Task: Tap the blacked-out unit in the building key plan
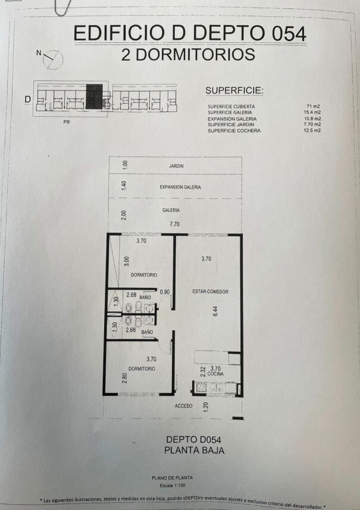coord(94,96)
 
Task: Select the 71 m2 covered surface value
coord(313,107)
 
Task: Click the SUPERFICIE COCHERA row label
coord(234,131)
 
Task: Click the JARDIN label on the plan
coord(176,166)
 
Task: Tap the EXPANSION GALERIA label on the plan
coord(180,187)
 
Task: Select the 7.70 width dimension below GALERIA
coord(174,224)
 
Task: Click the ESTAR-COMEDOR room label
coord(211,292)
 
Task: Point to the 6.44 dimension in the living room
coord(215,311)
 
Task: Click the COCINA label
coord(215,374)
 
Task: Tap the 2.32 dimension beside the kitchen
coord(202,371)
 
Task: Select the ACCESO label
coord(183,406)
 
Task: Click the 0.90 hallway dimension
coord(165,292)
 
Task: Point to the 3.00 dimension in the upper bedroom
coord(127,261)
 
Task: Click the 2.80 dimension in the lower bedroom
coord(124,378)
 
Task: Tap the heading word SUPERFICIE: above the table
coord(234,90)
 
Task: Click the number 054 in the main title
coord(289,34)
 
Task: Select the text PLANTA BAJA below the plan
coord(195,450)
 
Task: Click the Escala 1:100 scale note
coord(173,485)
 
